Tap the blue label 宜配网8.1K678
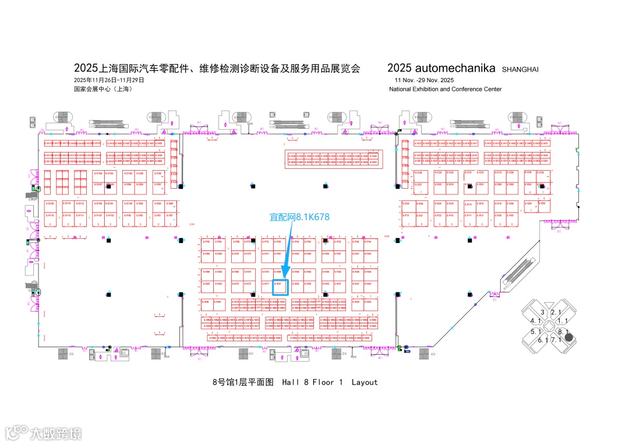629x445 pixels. (x=299, y=217)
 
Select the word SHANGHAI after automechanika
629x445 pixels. (x=520, y=69)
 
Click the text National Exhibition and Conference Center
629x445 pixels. (x=445, y=89)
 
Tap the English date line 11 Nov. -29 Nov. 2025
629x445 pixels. (x=423, y=80)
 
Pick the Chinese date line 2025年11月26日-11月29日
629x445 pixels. (x=109, y=80)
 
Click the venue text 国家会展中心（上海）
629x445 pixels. (x=103, y=89)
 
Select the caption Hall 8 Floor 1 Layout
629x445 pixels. (x=330, y=383)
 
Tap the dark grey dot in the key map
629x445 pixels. (x=569, y=337)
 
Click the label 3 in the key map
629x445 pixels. (x=542, y=313)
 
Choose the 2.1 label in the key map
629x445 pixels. (x=556, y=313)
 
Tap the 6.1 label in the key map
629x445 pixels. (x=543, y=340)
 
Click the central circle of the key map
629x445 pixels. (x=549, y=326)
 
